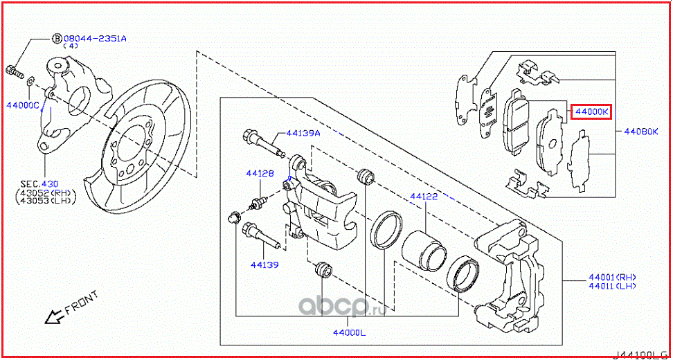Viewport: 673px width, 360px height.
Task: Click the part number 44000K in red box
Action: [x=590, y=111]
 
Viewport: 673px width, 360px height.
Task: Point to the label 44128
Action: [x=262, y=174]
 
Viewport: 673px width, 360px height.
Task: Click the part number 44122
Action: [x=424, y=197]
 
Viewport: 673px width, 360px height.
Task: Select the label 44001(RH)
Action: [x=612, y=276]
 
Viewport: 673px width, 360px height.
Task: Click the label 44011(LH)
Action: [x=612, y=285]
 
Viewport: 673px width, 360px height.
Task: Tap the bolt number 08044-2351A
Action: [x=95, y=39]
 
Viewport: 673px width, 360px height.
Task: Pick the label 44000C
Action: [x=22, y=105]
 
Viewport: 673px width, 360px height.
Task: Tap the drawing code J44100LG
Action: [x=641, y=354]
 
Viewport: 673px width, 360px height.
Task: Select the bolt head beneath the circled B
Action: [x=14, y=69]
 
